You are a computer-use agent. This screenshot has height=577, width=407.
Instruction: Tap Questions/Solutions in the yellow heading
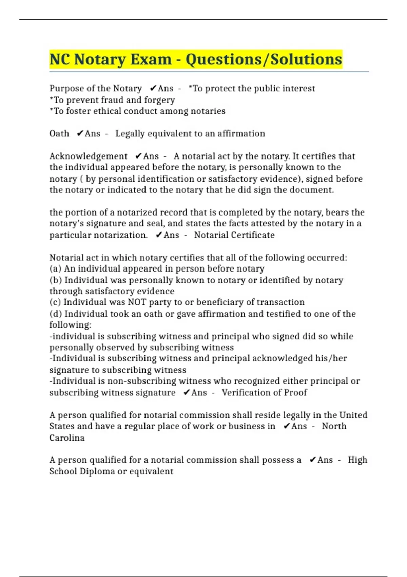pos(264,59)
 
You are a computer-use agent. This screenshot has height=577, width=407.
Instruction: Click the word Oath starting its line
pos(59,134)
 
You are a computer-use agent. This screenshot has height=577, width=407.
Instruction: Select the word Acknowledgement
pos(88,156)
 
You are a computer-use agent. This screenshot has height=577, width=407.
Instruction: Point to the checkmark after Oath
pos(80,134)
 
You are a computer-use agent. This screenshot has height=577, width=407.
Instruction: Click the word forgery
pos(159,100)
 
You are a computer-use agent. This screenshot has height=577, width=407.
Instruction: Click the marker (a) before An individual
pos(55,269)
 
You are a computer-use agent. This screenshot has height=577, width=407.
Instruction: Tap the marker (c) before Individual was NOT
pos(55,302)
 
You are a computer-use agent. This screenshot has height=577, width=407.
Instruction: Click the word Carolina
pos(67,438)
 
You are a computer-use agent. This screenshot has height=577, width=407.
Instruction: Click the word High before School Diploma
pos(357,460)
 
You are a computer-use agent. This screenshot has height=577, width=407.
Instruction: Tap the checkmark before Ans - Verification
pos(186,392)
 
